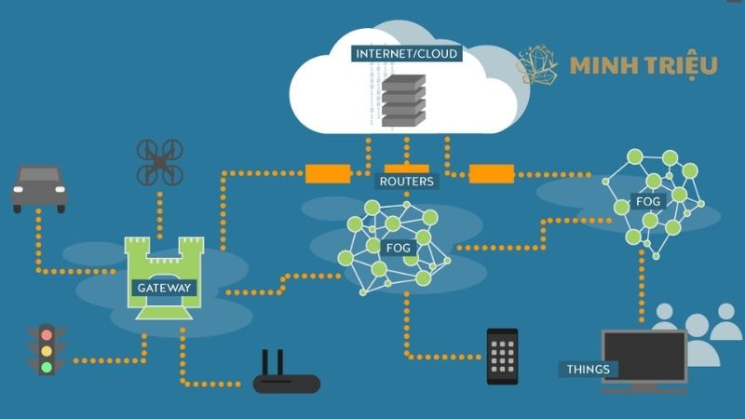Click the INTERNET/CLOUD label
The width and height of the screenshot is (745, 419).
pyautogui.click(x=406, y=54)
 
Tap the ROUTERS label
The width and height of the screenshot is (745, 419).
pyautogui.click(x=406, y=181)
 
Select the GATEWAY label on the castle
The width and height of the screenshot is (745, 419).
pyautogui.click(x=164, y=288)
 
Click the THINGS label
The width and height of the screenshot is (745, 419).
pyautogui.click(x=589, y=370)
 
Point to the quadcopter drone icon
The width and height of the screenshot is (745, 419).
pyautogui.click(x=160, y=162)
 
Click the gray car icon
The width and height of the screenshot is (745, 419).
pyautogui.click(x=39, y=189)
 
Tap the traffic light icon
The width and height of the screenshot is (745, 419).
pyautogui.click(x=47, y=349)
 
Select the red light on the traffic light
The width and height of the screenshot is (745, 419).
pyautogui.click(x=47, y=333)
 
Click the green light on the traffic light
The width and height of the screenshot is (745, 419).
pyautogui.click(x=47, y=366)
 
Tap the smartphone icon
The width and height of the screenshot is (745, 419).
pyautogui.click(x=502, y=356)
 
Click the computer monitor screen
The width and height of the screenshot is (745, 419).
pyautogui.click(x=644, y=356)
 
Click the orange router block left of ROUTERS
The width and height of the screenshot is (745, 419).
pyautogui.click(x=328, y=173)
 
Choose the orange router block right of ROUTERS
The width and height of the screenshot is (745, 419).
pyautogui.click(x=492, y=173)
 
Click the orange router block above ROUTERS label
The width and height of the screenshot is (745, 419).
pyautogui.click(x=407, y=155)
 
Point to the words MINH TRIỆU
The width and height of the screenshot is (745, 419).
pyautogui.click(x=643, y=65)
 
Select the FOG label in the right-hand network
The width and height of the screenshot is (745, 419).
pyautogui.click(x=648, y=201)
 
